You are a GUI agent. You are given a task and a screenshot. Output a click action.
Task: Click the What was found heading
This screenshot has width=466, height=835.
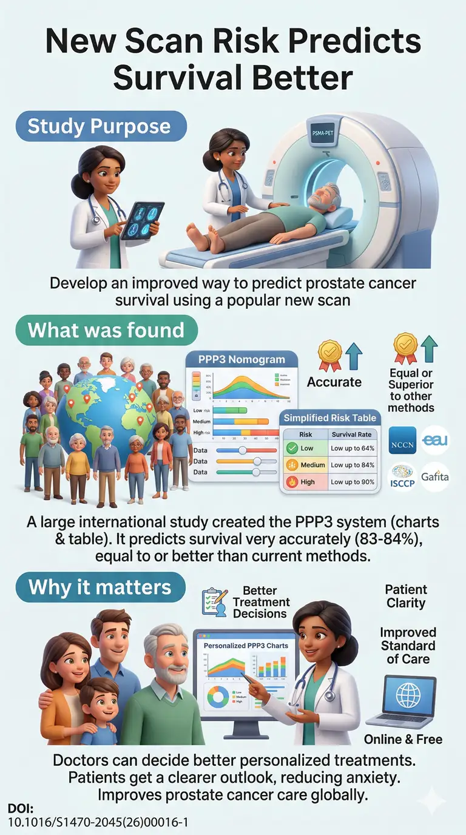106,330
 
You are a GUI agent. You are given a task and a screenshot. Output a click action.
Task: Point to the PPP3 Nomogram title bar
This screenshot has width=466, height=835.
241,359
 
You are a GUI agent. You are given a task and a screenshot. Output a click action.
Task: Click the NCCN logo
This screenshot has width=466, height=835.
402,441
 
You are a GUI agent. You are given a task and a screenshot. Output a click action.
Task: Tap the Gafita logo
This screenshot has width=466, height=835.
434,477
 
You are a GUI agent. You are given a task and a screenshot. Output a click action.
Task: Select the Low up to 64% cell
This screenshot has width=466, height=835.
353,448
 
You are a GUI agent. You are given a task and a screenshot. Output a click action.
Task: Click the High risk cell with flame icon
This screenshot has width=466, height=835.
302,482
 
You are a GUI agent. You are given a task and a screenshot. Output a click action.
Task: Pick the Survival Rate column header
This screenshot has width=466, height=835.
353,434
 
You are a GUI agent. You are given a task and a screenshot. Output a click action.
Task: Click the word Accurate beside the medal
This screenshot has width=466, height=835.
334,382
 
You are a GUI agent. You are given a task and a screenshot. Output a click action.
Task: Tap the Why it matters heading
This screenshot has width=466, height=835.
100,587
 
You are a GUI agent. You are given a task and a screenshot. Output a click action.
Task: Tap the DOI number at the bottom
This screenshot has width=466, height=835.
98,822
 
